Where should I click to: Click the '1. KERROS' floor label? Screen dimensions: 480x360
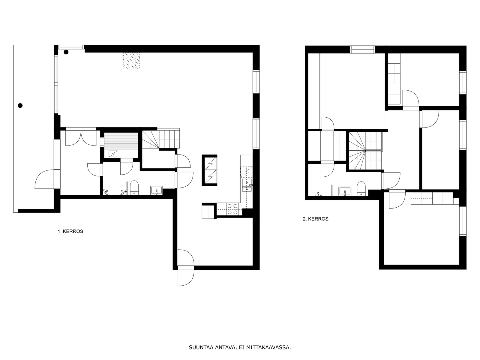click(70, 232)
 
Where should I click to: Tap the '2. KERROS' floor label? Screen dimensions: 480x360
click(316, 219)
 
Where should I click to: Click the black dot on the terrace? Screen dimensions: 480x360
click(20, 106)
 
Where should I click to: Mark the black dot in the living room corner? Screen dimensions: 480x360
click(66, 52)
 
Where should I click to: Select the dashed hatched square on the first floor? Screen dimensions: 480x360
click(131, 61)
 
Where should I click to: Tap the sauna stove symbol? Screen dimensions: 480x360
click(113, 154)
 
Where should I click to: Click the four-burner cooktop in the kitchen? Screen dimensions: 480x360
click(232, 209)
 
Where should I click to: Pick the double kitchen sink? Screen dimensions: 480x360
click(247, 185)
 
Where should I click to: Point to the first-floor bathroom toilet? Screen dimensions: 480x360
click(134, 188)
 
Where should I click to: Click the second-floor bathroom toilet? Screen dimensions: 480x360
click(361, 188)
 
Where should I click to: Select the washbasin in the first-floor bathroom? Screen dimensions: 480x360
click(156, 190)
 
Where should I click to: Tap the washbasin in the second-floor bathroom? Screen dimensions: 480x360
click(345, 191)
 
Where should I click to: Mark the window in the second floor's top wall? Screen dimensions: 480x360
click(363, 49)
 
